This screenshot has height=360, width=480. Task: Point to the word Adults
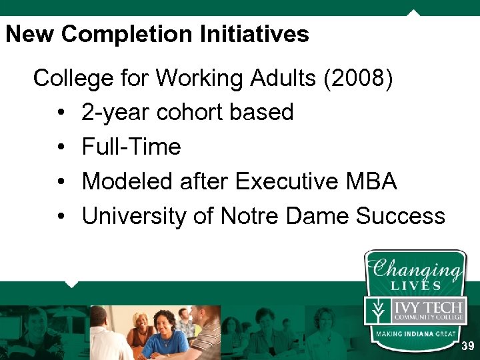click(x=284, y=79)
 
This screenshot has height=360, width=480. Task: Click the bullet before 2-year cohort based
click(x=61, y=113)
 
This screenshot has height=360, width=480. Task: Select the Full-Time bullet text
click(x=131, y=147)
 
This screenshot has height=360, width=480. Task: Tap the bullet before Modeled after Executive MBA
click(x=61, y=182)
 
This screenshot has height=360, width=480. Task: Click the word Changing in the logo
click(x=416, y=271)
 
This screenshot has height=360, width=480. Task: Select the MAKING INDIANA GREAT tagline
click(x=415, y=333)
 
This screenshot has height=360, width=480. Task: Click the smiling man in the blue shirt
click(x=164, y=333)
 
